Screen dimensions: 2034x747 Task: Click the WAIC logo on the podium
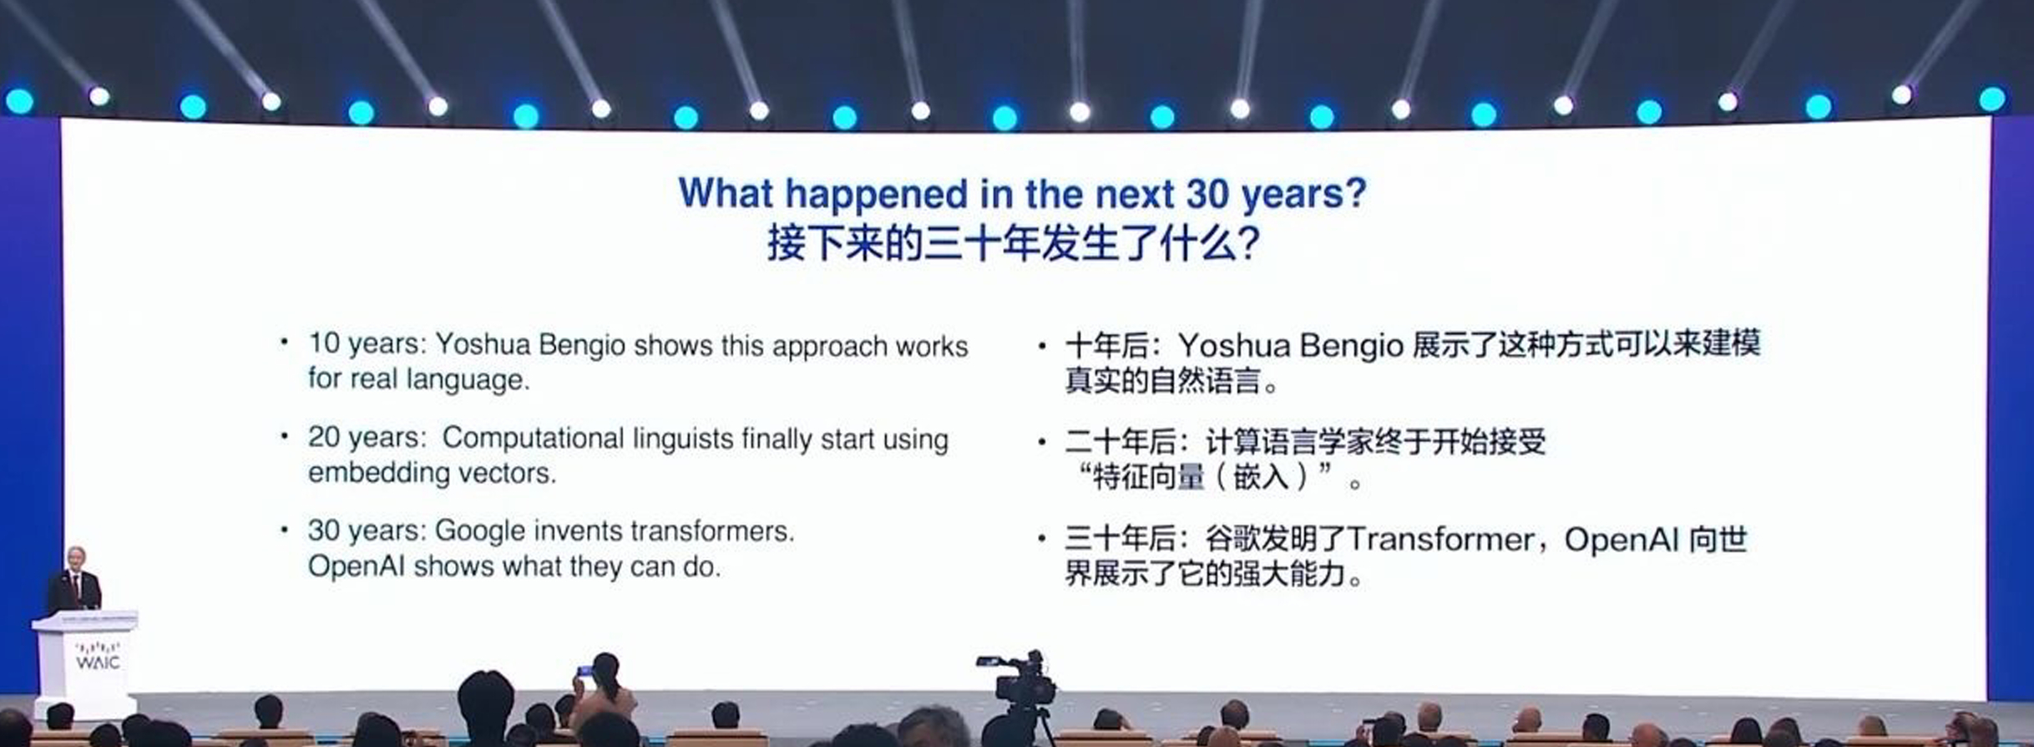(98, 656)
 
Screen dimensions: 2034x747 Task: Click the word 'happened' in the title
(876, 195)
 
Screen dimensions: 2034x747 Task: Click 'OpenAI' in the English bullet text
(357, 567)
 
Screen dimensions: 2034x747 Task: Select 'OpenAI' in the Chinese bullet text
(1621, 540)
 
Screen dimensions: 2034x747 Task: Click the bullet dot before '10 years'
(285, 342)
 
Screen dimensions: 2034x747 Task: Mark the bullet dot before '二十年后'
(1041, 441)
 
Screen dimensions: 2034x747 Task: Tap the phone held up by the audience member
(584, 670)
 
